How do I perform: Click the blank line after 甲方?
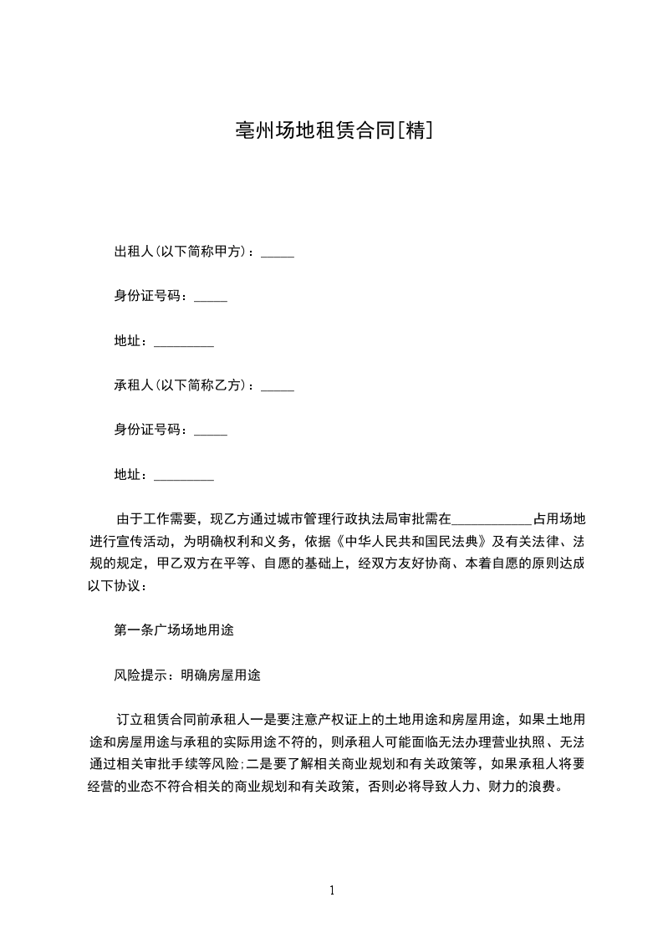[278, 254]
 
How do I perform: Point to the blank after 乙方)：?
[278, 389]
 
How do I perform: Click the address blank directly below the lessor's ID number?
[185, 344]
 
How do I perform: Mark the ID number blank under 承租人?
[211, 434]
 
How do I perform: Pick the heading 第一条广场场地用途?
[174, 630]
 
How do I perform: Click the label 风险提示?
[141, 675]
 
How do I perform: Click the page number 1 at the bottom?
[332, 890]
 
